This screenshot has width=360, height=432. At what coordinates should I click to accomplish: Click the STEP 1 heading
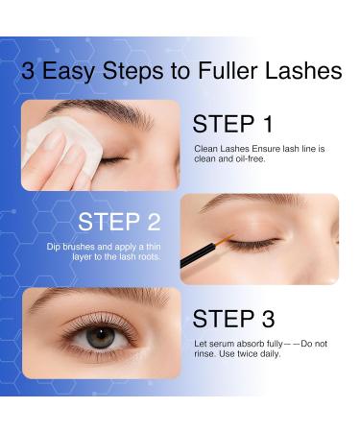pyautogui.click(x=232, y=124)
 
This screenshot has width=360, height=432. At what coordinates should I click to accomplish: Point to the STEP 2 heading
pyautogui.click(x=118, y=222)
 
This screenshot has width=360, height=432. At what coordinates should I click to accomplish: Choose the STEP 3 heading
pyautogui.click(x=234, y=318)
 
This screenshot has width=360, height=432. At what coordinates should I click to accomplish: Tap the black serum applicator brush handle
pyautogui.click(x=207, y=260)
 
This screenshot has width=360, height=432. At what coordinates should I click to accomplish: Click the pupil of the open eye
pyautogui.click(x=95, y=339)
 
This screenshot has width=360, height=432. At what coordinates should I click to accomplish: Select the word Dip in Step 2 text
pyautogui.click(x=54, y=247)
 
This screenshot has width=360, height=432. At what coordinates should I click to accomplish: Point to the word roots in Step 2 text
pyautogui.click(x=135, y=260)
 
